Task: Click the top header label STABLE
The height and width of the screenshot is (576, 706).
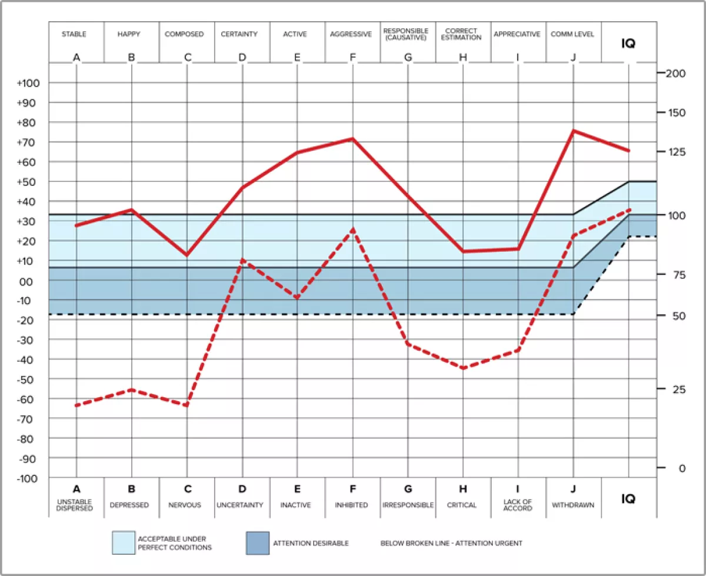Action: pos(74,34)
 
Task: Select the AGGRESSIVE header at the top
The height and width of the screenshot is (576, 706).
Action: pos(351,34)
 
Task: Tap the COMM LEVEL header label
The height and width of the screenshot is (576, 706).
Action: pos(572,34)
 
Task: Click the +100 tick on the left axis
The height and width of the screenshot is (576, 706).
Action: pos(28,83)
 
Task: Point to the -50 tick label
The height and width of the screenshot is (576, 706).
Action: pos(28,379)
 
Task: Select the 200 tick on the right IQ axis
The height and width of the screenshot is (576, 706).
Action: pos(675,73)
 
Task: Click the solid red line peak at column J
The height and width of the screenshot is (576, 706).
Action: pos(573,131)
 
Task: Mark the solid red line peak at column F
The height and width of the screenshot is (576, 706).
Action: pos(352,139)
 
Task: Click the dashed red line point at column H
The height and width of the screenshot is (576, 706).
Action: pos(462,368)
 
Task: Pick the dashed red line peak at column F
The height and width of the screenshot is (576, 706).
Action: pos(352,229)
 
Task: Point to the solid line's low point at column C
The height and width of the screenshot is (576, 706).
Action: pos(187,255)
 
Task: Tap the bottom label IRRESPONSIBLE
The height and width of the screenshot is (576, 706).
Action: pos(408,505)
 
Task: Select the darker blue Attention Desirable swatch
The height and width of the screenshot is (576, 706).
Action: pos(258,543)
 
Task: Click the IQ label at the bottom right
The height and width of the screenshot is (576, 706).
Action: pos(628,499)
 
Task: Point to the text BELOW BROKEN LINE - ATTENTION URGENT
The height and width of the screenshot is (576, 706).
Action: pos(451,543)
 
